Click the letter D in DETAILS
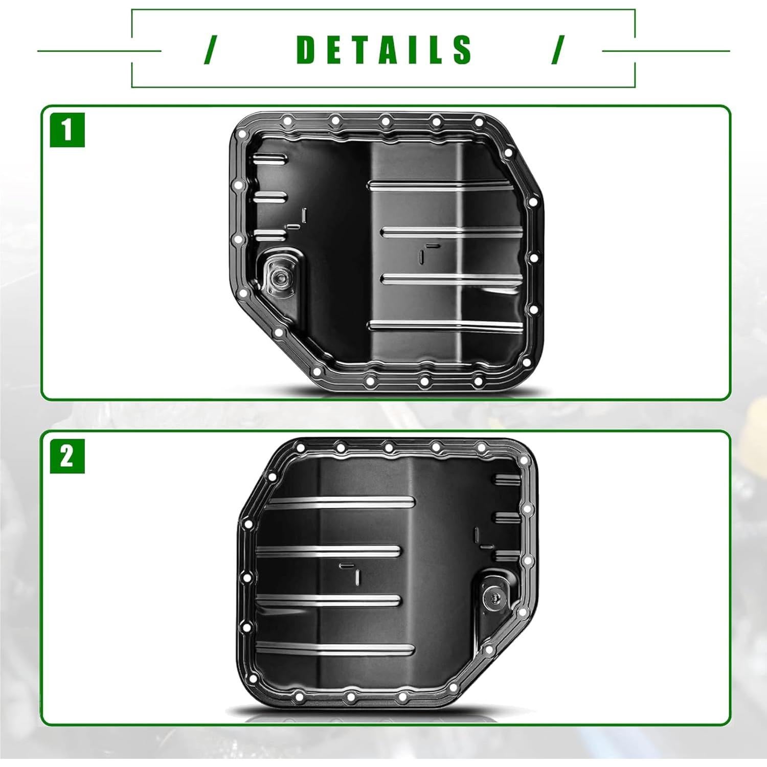(x=307, y=50)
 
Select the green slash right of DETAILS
(x=558, y=50)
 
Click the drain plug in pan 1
(x=280, y=277)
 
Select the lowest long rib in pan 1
(x=445, y=325)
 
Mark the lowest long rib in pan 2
(x=335, y=649)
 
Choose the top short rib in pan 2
(x=506, y=479)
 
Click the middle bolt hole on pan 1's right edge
(x=533, y=258)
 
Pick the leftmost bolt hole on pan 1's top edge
(x=287, y=121)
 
